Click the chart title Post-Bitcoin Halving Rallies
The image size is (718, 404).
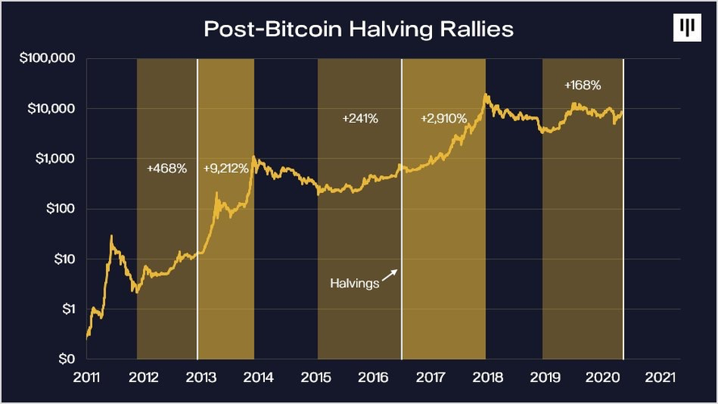point(359,29)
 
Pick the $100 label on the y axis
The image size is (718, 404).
point(60,208)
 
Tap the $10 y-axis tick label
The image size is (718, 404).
point(63,259)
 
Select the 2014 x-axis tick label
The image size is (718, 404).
point(257,377)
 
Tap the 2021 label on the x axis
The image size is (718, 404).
point(657,377)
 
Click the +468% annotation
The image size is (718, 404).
point(167,169)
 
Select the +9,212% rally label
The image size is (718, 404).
point(226,169)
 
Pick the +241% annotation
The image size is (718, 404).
point(360,119)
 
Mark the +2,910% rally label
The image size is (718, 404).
point(443,119)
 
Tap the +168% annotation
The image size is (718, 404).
point(582,84)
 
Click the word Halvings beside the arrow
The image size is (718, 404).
point(355,284)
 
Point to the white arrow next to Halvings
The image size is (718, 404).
point(389,276)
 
